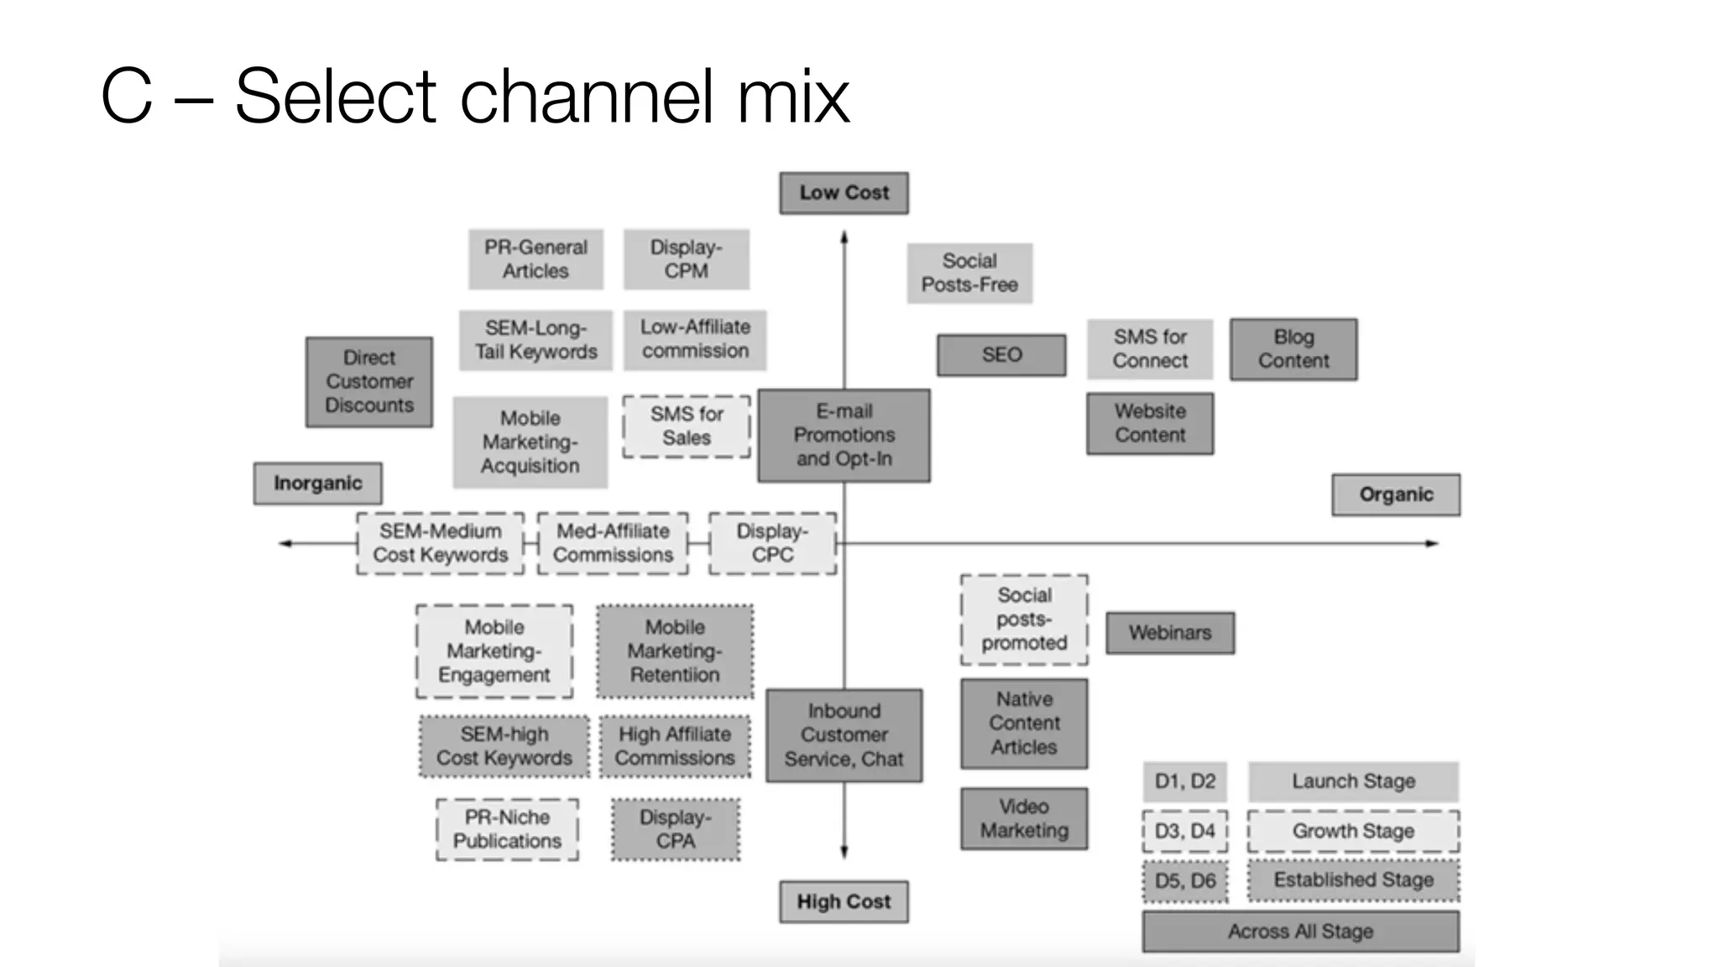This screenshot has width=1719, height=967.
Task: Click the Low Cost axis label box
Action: coord(844,193)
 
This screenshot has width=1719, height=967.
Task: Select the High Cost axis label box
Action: coord(844,902)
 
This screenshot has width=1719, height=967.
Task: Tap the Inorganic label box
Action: coord(317,483)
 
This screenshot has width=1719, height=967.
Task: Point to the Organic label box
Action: coord(1396,494)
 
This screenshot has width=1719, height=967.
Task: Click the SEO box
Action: coord(1001,355)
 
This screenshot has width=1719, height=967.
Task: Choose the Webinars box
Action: coord(1169,633)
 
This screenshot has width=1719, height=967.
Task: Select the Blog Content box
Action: coord(1293,349)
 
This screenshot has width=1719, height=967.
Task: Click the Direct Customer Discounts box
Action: coord(369,382)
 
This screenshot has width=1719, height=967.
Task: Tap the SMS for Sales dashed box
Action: coord(687,426)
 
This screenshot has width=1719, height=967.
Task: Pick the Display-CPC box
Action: coord(772,543)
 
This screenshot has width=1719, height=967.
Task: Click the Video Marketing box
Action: coord(1024,818)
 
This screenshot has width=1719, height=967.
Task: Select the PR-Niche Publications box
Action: coord(507,829)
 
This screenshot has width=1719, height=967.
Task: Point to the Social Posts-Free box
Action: coord(969,273)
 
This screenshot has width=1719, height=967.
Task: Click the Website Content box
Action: coord(1150,424)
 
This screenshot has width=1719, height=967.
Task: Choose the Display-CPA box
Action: coord(676,829)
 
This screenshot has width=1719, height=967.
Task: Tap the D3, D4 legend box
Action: coord(1184,831)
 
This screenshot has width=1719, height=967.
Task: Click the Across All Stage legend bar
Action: coord(1300,932)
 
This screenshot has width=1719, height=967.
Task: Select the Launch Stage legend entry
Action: coord(1353,781)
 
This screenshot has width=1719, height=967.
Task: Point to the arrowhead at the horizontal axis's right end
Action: coord(1434,544)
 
